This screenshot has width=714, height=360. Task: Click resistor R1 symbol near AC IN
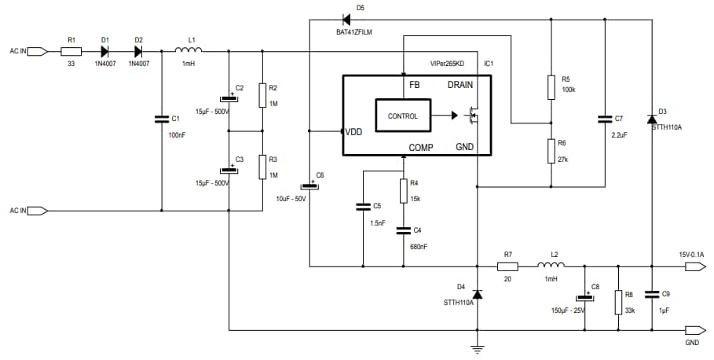pyautogui.click(x=71, y=52)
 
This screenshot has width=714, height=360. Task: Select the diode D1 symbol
pyautogui.click(x=106, y=52)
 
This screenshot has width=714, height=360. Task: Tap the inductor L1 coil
pyautogui.click(x=189, y=51)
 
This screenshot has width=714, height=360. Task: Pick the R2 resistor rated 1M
pyautogui.click(x=262, y=96)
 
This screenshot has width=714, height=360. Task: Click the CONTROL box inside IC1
pyautogui.click(x=403, y=116)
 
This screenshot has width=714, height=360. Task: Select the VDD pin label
pyautogui.click(x=354, y=131)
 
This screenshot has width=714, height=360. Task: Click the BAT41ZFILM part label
pyautogui.click(x=349, y=31)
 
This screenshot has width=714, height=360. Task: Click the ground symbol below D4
pyautogui.click(x=477, y=347)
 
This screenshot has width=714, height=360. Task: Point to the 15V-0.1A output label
pyautogui.click(x=692, y=254)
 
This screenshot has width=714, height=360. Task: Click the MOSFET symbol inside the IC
pyautogui.click(x=473, y=116)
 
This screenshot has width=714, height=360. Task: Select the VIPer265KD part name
pyautogui.click(x=448, y=63)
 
